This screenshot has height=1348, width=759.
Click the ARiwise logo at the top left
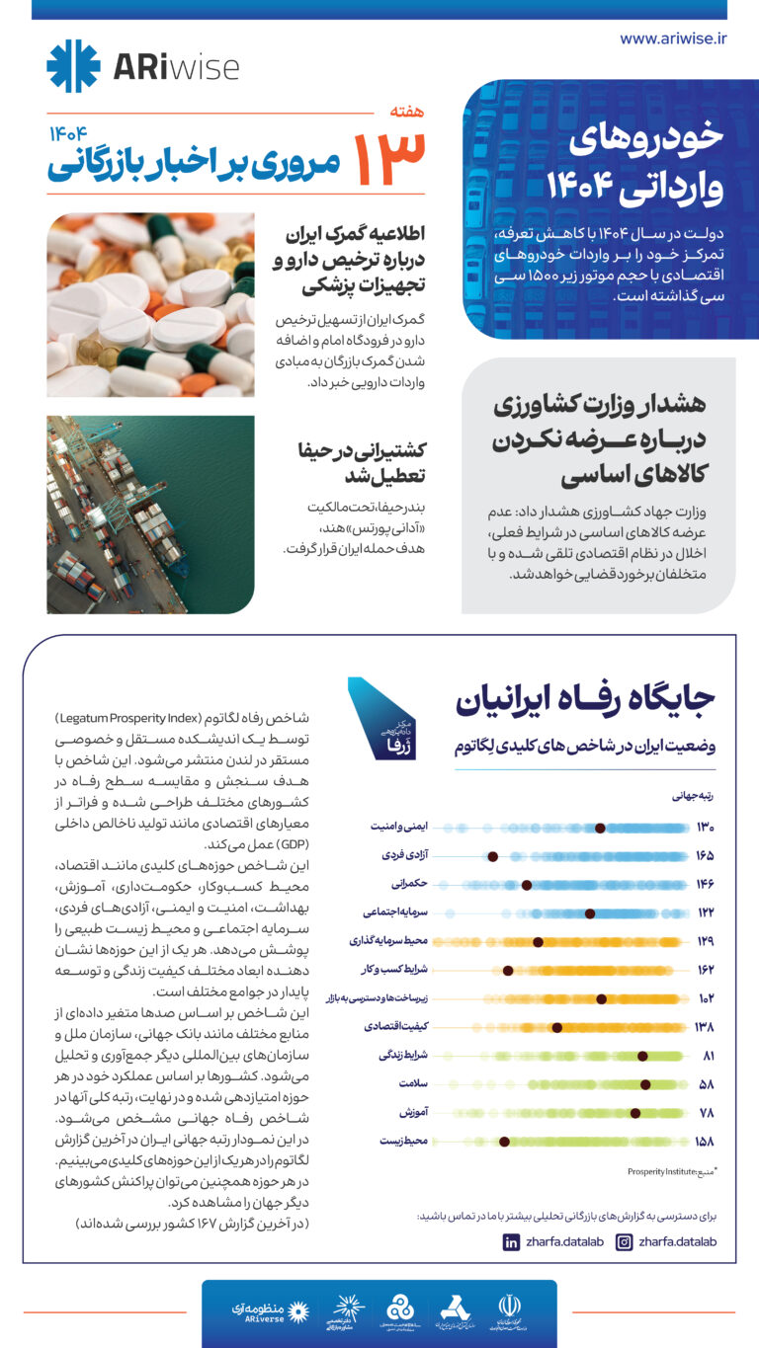142,66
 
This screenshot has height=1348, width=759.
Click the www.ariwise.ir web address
673,39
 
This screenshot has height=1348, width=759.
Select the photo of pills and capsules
150,305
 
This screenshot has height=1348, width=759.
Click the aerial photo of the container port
150,515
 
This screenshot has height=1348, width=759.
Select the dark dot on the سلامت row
645,1083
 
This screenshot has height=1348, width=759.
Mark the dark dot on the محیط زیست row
504,1142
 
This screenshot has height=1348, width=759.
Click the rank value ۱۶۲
704,970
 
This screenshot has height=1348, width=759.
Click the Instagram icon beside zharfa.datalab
624,1242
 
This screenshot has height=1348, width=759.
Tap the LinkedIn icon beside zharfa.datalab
511,1242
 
